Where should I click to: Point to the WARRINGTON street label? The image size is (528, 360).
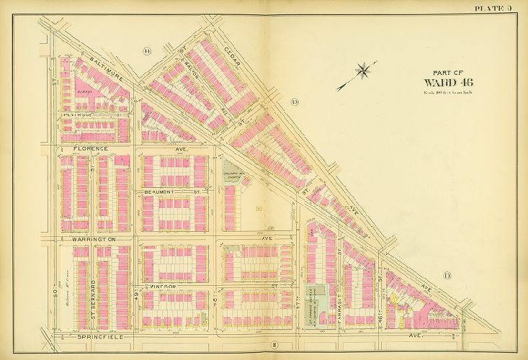pyautogui.click(x=93, y=237)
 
